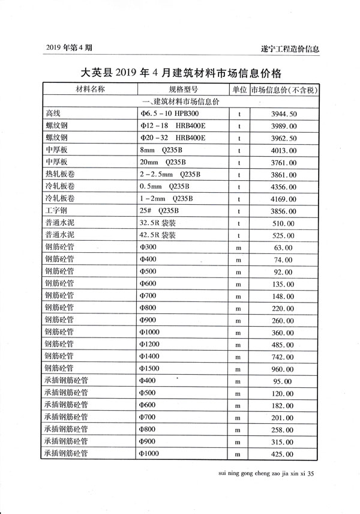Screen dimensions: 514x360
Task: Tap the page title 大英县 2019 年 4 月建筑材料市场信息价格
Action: pyautogui.click(x=181, y=73)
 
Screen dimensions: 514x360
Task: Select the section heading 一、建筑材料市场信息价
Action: pyautogui.click(x=181, y=101)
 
